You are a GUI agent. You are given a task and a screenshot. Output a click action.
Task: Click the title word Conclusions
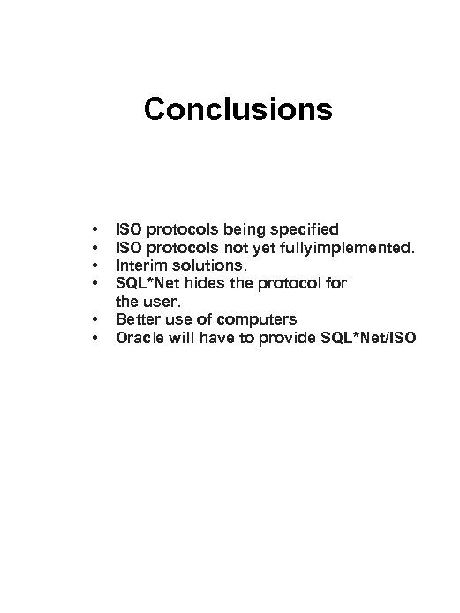click(238, 110)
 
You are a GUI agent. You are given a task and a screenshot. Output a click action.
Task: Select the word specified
click(303, 230)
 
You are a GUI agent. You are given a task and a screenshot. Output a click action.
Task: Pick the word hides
click(201, 283)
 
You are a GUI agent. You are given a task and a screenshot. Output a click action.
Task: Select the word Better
click(138, 318)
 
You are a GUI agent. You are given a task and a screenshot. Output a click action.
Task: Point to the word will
click(185, 336)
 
